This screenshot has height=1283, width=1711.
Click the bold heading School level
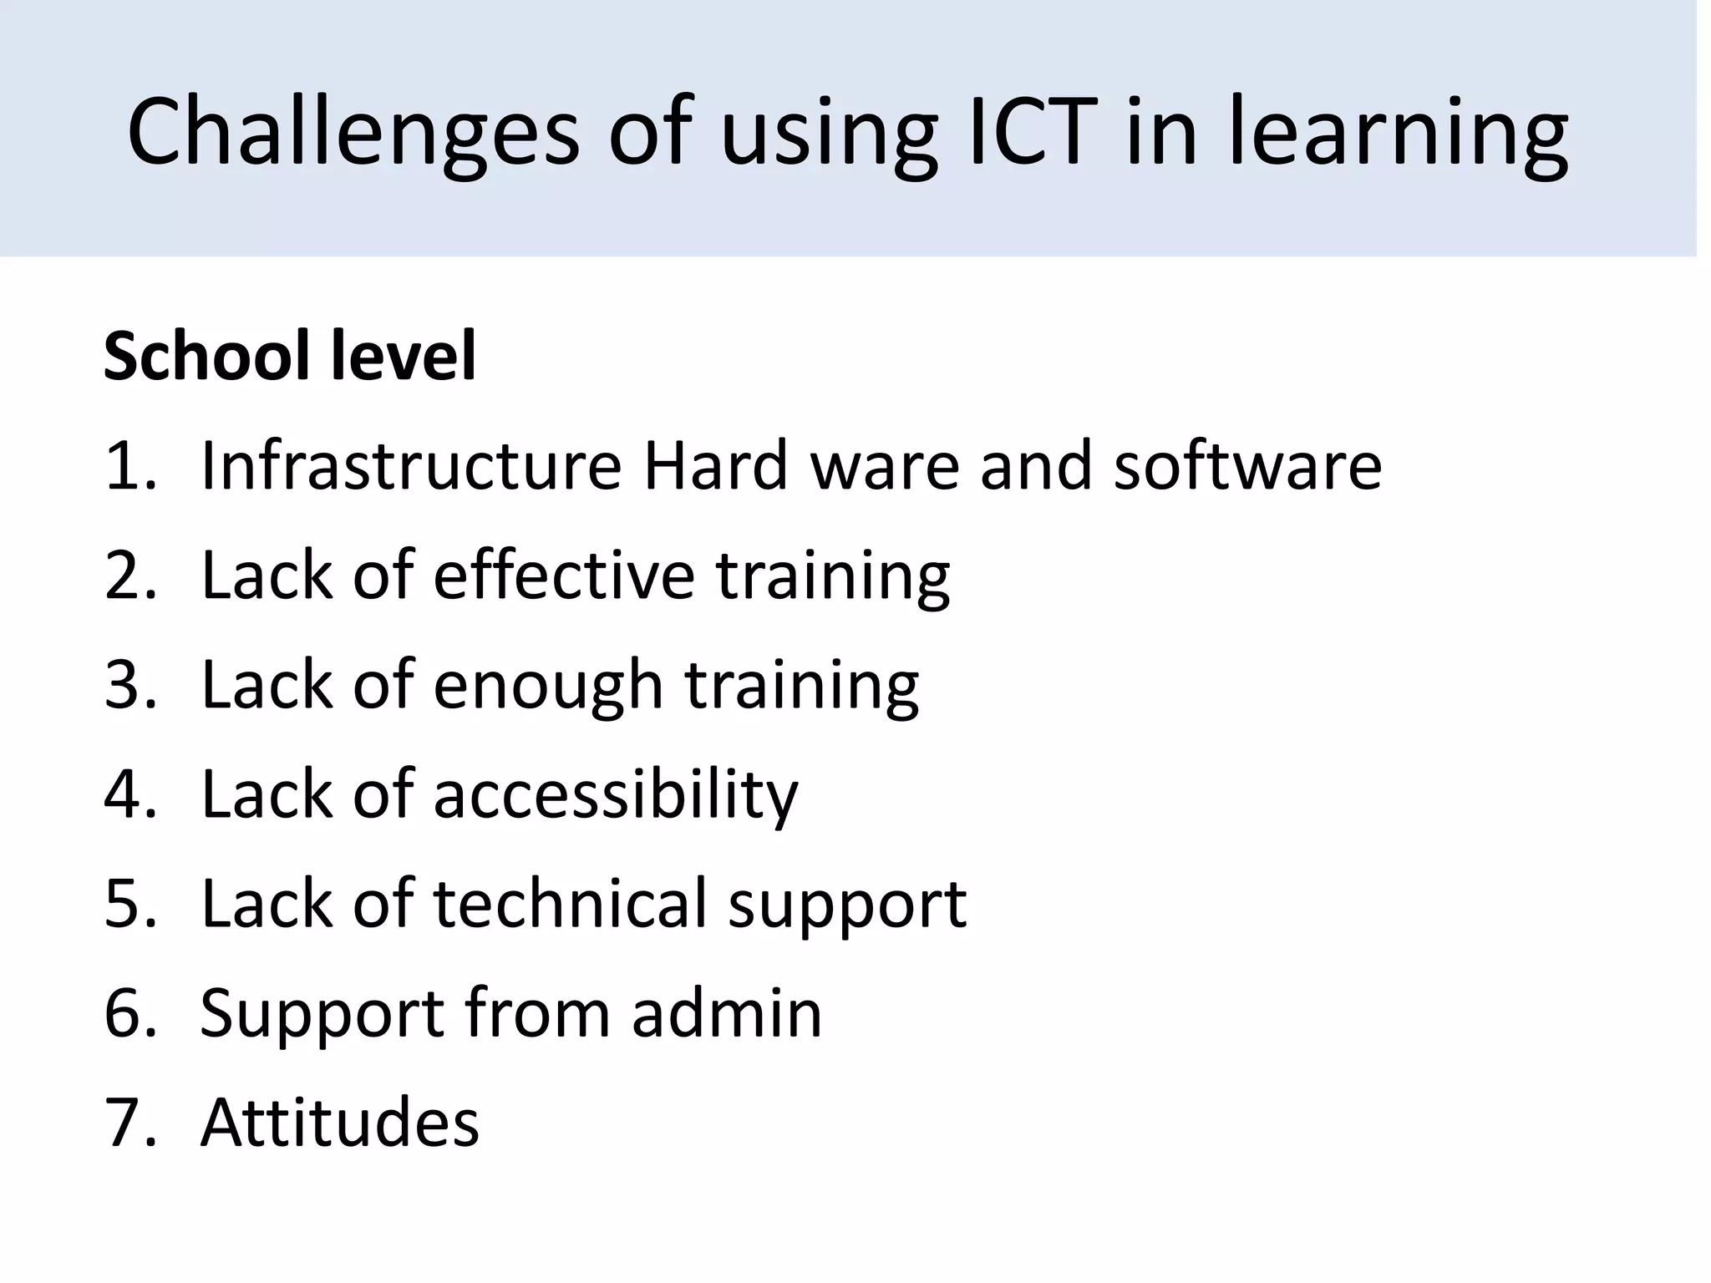click(290, 356)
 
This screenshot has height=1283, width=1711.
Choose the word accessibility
click(616, 794)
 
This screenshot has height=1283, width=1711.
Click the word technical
click(570, 903)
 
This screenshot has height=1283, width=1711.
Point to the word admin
click(727, 1013)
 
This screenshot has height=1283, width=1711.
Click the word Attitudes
click(339, 1122)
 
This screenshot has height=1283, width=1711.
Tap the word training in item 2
click(833, 577)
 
